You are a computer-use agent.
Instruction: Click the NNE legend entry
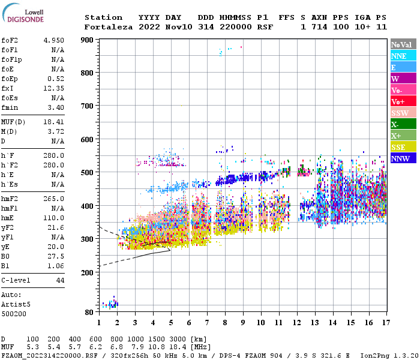coord(399,56)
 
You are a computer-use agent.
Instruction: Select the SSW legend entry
coord(400,113)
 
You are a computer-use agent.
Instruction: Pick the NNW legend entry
coord(400,158)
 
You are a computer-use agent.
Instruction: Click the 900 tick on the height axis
coord(88,40)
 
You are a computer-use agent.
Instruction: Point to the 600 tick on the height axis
coord(88,139)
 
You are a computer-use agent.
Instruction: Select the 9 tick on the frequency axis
coord(243,322)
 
